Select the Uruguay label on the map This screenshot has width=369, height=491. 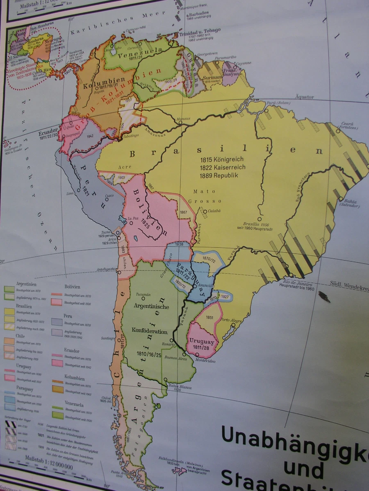tap(202, 341)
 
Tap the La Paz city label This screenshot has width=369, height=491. tap(134, 218)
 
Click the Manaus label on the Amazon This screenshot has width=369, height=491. tap(183, 119)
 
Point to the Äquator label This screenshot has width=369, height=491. tap(304, 97)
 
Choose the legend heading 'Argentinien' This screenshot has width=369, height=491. tap(26, 283)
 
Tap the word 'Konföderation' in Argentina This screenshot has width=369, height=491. tap(149, 331)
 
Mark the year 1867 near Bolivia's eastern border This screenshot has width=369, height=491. tap(183, 212)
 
